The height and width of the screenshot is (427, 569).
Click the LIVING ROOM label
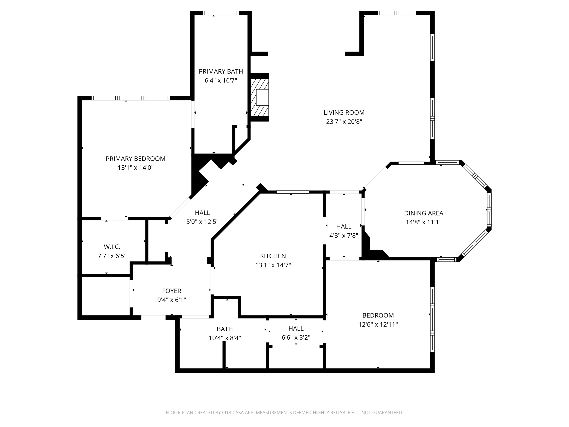tap(344, 112)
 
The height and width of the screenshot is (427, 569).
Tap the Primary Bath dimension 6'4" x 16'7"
tap(221, 81)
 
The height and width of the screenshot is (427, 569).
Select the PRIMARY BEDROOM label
tap(136, 159)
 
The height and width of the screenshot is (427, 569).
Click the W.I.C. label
tap(112, 247)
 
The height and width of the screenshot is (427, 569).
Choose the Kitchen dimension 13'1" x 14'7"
tap(273, 265)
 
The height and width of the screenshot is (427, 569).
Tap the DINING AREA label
tap(424, 213)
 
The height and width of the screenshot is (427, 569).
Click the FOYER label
tap(172, 291)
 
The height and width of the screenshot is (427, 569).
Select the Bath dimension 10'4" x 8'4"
tap(225, 338)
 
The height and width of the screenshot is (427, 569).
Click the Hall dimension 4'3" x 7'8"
tap(344, 236)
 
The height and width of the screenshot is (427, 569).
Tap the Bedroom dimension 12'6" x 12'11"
tap(378, 325)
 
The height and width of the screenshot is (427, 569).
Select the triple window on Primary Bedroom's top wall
tap(131, 98)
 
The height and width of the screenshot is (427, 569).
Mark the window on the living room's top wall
tap(397, 13)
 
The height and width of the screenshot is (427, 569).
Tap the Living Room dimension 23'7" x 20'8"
tap(344, 122)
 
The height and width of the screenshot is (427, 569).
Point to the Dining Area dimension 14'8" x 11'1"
tap(424, 222)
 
